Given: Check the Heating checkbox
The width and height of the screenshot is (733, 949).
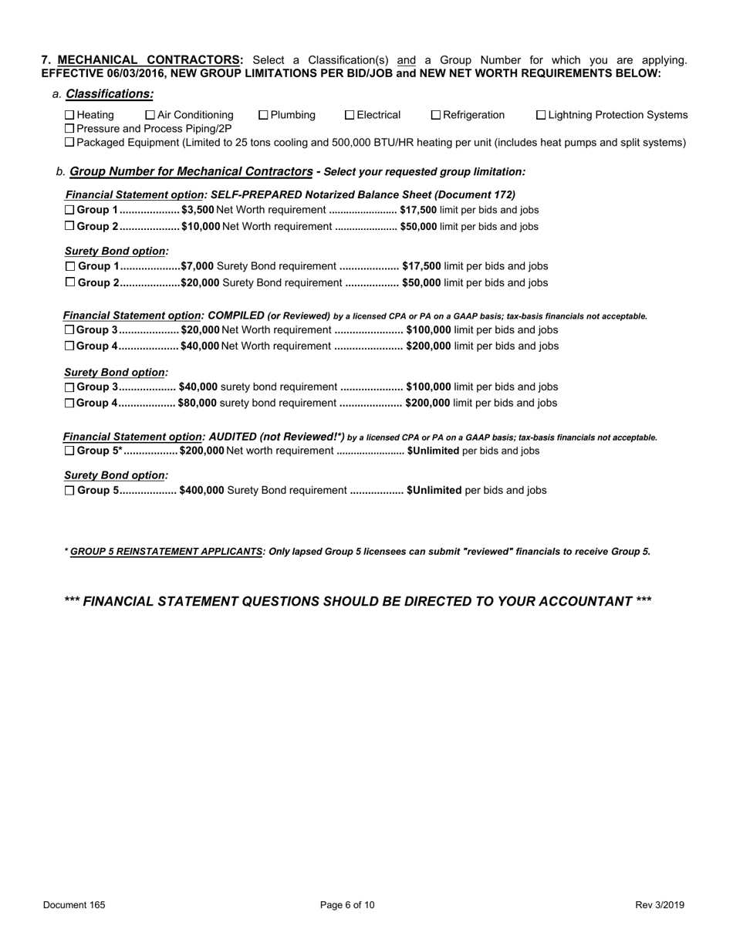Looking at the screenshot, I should [x=69, y=115].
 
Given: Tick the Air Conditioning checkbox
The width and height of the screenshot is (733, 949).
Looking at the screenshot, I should [x=150, y=115].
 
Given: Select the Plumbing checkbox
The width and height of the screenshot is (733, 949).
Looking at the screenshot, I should [x=263, y=115].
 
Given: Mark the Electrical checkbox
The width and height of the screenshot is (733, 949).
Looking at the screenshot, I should [x=350, y=115].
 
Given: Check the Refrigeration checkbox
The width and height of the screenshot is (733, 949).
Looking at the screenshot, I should [x=436, y=115].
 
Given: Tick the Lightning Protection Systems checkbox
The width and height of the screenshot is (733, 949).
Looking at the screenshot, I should [x=540, y=115].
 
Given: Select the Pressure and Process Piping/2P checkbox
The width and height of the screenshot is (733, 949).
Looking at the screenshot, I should [x=69, y=129].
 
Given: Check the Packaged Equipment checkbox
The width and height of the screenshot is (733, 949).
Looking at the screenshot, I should [x=69, y=143].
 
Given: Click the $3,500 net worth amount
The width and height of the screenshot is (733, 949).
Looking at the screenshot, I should [x=198, y=210].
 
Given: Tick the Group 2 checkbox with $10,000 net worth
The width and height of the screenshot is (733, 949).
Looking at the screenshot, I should [x=69, y=226].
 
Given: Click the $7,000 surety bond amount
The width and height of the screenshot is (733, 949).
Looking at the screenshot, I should [x=198, y=265].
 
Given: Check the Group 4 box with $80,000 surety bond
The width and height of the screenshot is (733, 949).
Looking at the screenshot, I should [x=69, y=403].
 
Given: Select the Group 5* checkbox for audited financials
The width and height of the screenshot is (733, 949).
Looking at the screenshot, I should [x=69, y=451].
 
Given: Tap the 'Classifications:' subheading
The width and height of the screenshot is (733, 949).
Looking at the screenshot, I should [x=110, y=94].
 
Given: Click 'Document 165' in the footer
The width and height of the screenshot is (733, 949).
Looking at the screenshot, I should [x=74, y=905].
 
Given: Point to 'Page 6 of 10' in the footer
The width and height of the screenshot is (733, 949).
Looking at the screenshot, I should [x=347, y=905].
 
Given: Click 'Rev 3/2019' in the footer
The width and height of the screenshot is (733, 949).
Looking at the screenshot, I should [x=660, y=905].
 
